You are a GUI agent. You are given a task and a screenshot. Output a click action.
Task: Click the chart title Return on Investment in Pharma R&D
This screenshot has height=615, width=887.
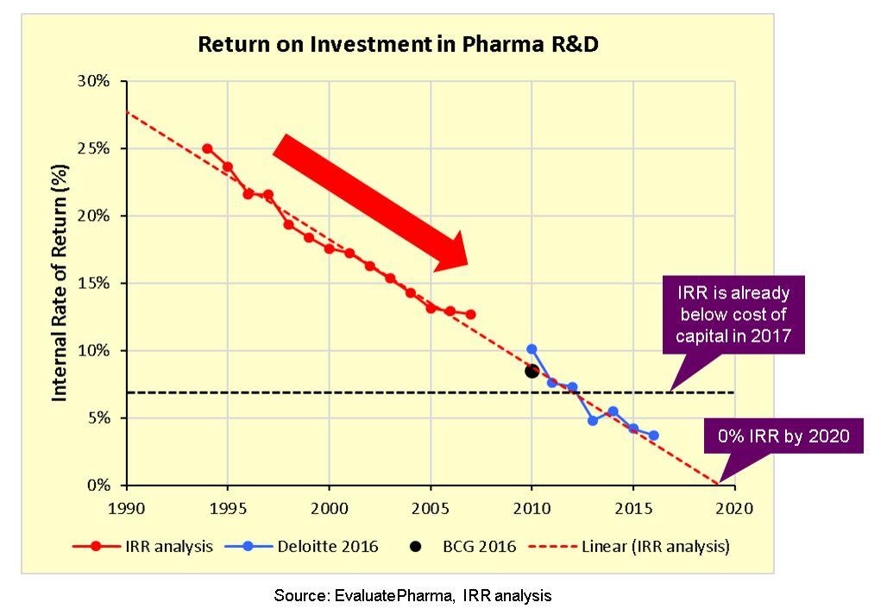(x=398, y=44)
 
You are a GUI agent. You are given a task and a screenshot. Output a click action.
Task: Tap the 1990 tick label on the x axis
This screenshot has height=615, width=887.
(x=126, y=507)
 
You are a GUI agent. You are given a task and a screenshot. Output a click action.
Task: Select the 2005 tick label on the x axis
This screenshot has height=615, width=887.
(x=431, y=507)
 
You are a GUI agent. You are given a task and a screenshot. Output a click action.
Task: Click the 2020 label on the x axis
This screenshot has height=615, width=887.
(x=735, y=507)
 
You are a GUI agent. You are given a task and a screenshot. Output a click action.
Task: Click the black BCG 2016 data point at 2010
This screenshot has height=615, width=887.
(x=532, y=371)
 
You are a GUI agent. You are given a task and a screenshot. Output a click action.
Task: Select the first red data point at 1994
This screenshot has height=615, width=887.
(x=207, y=148)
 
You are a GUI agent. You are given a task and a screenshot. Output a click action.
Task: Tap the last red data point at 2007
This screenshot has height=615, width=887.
(x=471, y=315)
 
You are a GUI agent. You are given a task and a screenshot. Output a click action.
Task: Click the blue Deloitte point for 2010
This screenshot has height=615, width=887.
(x=532, y=349)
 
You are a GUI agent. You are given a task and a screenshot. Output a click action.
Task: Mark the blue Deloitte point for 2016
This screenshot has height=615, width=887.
(x=653, y=436)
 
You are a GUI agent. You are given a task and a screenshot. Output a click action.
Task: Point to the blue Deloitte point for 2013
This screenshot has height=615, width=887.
(x=593, y=420)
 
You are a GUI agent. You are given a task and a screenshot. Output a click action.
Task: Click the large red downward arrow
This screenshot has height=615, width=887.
(x=371, y=204)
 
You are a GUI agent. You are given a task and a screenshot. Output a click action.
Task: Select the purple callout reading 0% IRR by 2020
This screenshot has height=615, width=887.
(x=783, y=436)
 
